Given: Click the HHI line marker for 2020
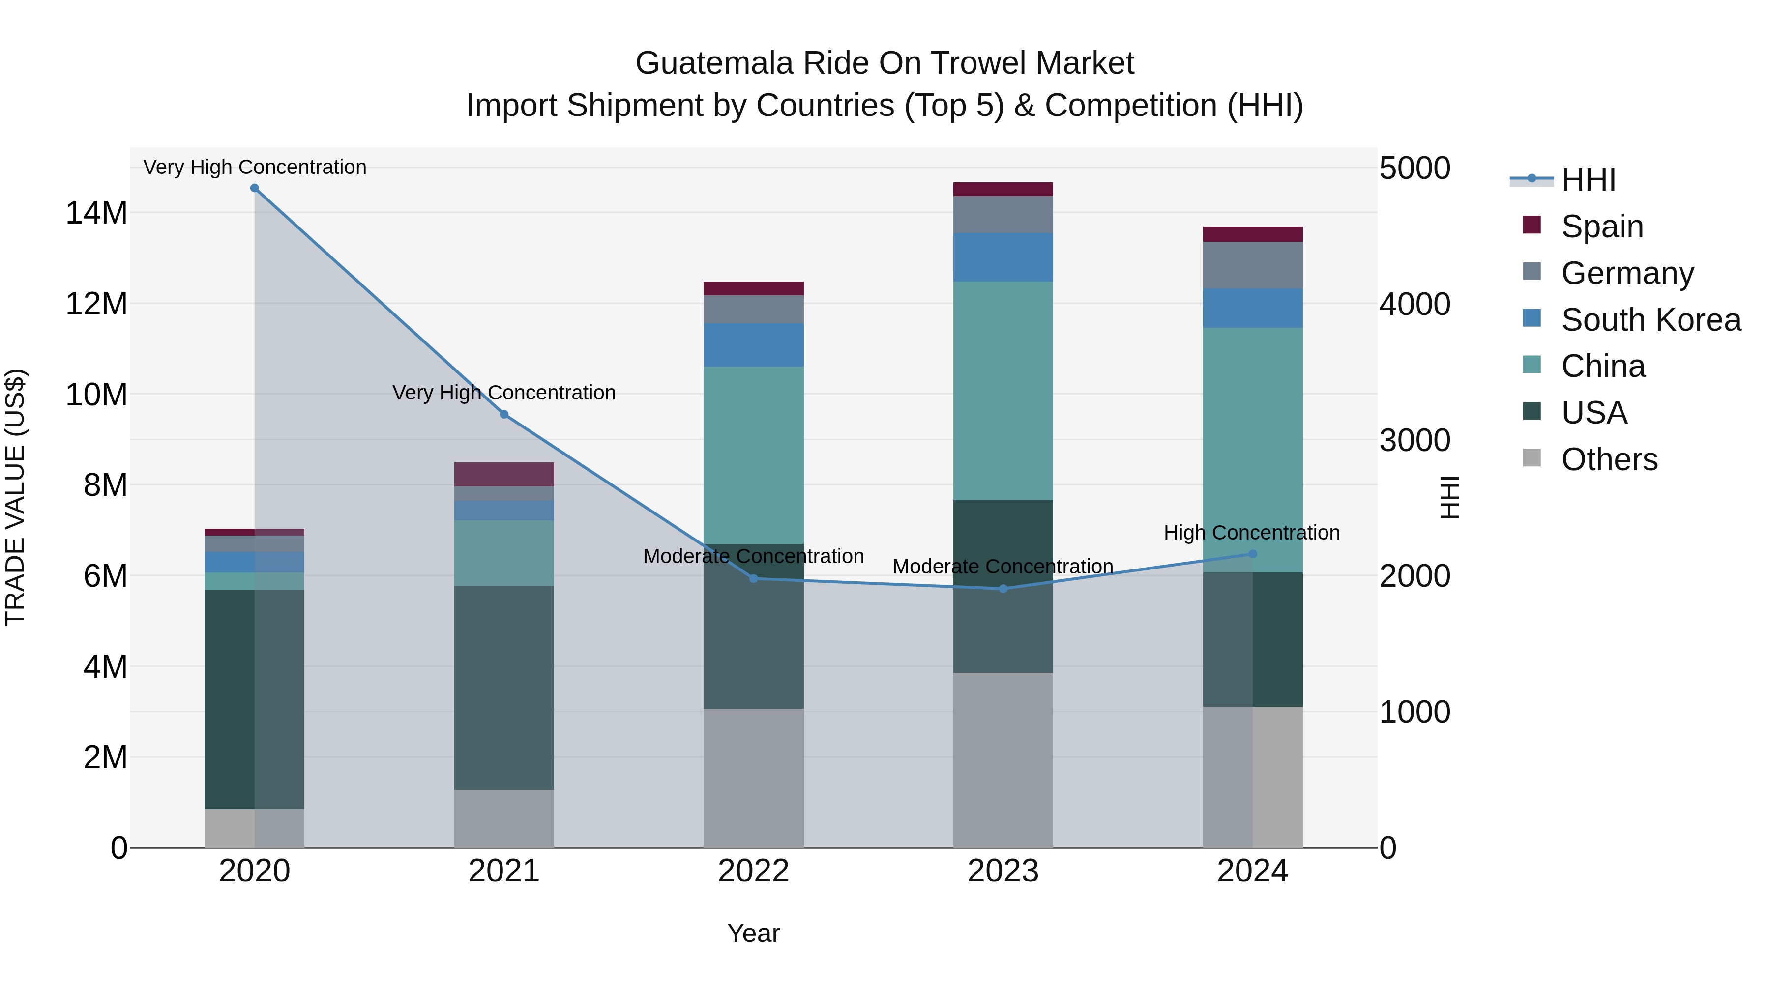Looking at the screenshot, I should pos(254,188).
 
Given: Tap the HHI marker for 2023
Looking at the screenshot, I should pos(1003,589).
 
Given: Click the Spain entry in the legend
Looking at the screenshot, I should pos(1602,227).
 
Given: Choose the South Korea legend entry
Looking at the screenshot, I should pos(1651,320).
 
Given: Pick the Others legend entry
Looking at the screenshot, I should pos(1609,459).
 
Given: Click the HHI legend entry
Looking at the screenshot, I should pos(1588,180).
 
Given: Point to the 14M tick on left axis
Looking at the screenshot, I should pos(96,213).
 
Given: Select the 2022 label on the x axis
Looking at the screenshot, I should pos(753,871).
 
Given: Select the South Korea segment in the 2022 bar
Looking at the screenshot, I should pos(753,345).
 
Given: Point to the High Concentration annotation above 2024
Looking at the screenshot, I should pos(1251,533).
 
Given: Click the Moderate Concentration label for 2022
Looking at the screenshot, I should pos(753,556).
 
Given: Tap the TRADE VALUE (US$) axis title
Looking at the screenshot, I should pos(15,497).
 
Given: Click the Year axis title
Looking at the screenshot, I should pos(753,933).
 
